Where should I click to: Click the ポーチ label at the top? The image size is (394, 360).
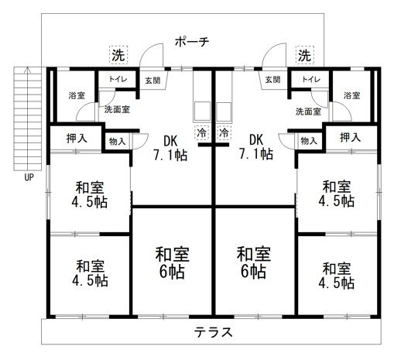click(192, 42)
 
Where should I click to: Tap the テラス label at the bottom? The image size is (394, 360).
click(214, 332)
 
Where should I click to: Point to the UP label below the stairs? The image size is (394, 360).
click(29, 177)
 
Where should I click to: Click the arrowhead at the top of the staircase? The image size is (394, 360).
click(27, 69)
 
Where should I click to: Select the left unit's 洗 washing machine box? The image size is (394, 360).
click(118, 54)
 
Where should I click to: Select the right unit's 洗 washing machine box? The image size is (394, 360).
click(305, 55)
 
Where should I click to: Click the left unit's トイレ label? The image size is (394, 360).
click(118, 79)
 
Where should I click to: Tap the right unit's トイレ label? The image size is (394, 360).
click(311, 79)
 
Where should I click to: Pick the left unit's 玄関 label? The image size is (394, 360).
click(152, 81)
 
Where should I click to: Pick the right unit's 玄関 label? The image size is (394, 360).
click(272, 80)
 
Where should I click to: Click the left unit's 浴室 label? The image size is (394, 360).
click(77, 95)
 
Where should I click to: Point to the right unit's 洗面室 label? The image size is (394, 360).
click(308, 111)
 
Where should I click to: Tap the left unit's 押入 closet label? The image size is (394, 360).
click(77, 139)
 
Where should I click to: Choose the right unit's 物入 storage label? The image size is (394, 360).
click(309, 141)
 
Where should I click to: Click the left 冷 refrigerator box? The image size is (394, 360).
click(202, 132)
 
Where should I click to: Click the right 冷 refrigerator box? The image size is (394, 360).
click(224, 132)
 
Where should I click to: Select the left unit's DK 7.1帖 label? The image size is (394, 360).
click(170, 148)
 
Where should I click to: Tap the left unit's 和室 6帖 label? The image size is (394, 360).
click(172, 262)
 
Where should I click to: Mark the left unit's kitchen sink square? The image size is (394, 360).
click(202, 111)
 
